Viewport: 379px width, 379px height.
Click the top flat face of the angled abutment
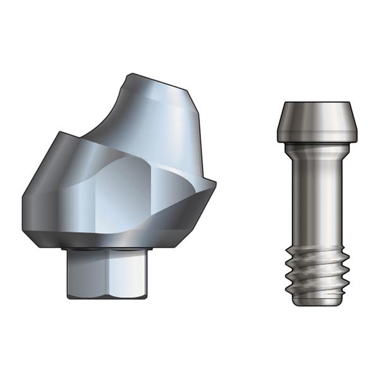coord(158,81)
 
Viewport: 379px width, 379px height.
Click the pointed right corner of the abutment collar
coord(214,184)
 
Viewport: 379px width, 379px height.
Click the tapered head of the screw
coord(313,123)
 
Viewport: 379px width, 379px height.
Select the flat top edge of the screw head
coord(313,103)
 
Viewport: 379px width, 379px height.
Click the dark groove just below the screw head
coord(313,145)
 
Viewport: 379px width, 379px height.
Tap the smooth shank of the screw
coord(313,202)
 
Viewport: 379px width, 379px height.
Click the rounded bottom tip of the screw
coord(313,303)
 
